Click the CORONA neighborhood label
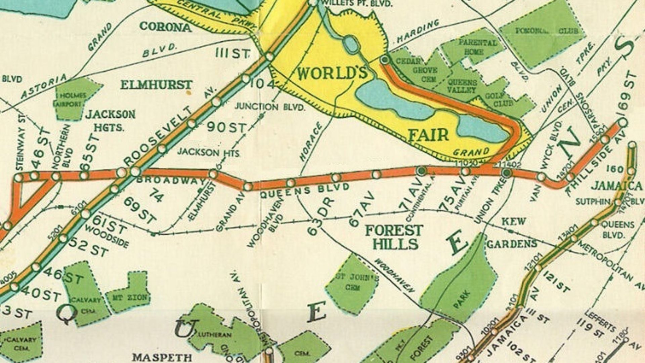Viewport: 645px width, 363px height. pos(165,27)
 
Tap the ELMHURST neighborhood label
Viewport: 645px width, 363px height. pos(156,85)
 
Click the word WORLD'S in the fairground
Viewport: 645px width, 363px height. pos(332,73)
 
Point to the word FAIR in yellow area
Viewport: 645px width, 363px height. pos(428,135)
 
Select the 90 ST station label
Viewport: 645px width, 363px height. pos(226,127)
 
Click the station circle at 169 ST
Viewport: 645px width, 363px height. pos(622,123)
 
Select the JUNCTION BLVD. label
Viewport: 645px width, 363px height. pos(270,107)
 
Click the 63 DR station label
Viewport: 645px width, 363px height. pos(321,217)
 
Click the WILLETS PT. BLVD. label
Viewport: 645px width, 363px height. pos(357,4)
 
